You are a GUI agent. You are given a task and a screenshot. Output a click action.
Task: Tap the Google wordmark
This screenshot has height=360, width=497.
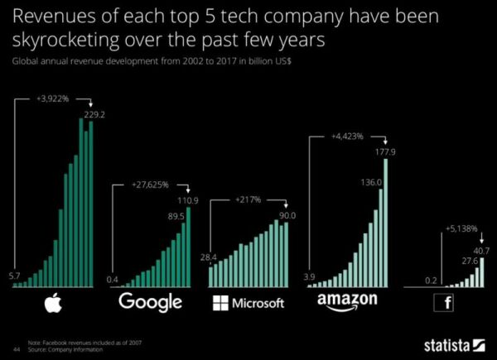point(150,301)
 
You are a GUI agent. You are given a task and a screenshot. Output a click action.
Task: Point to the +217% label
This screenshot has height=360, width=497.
point(248,199)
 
